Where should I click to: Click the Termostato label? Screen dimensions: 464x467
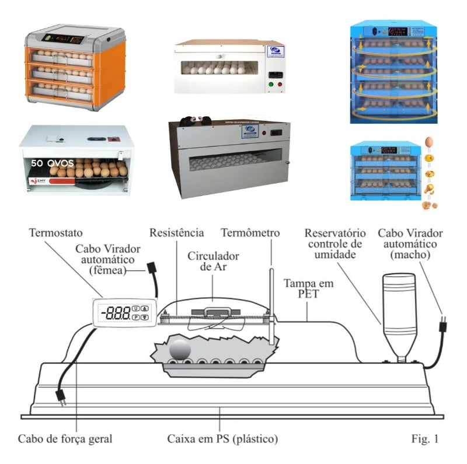(x=55, y=233)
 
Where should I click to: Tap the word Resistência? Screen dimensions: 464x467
(x=177, y=233)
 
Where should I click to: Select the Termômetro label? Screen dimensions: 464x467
(x=250, y=233)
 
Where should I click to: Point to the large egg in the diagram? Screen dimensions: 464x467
(x=180, y=351)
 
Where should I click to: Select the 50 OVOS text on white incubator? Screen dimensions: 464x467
(x=53, y=163)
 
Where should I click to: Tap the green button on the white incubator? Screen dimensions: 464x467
(x=270, y=84)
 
